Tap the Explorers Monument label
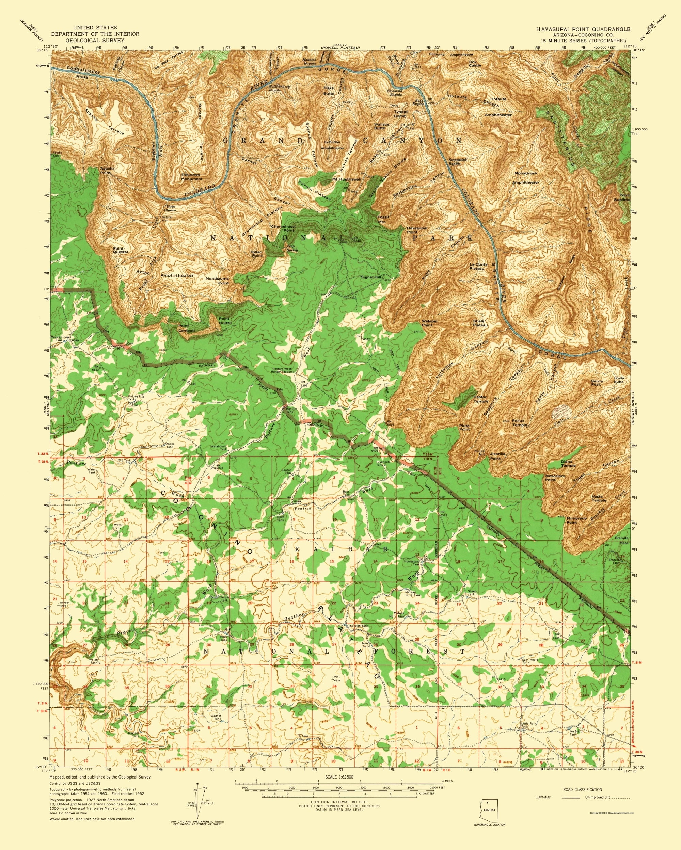click(x=192, y=177)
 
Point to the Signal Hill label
click(x=371, y=277)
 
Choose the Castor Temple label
click(x=480, y=399)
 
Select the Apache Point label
click(x=107, y=170)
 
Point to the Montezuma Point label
click(x=217, y=280)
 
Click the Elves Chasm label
click(x=170, y=208)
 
